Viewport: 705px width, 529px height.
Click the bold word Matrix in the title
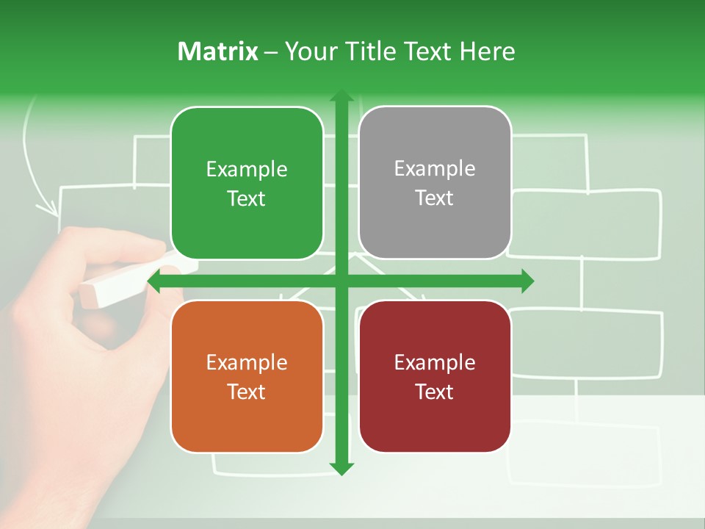(217, 51)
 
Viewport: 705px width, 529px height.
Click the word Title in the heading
(373, 51)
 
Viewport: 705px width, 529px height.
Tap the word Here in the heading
(487, 51)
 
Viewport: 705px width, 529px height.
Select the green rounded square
(247, 183)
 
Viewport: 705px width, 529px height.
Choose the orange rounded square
(247, 376)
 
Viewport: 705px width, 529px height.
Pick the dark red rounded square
(435, 376)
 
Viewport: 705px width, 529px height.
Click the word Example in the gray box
(435, 169)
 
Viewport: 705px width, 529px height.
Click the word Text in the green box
(247, 198)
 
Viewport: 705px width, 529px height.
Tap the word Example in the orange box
(247, 362)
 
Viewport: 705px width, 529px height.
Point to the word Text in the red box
(435, 392)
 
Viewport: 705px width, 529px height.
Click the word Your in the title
(311, 51)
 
